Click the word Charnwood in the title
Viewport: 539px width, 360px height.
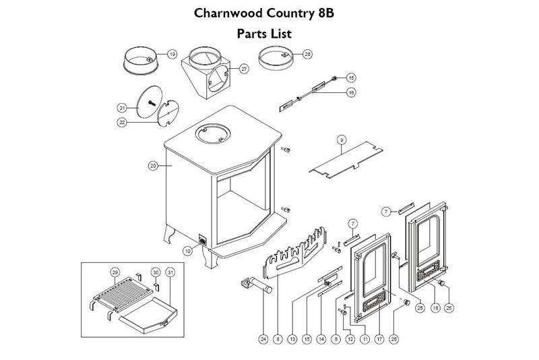[x=227, y=13]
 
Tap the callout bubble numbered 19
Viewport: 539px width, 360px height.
[x=171, y=54]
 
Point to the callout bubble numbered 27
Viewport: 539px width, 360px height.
[x=244, y=68]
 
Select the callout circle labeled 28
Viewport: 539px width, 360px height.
[x=307, y=54]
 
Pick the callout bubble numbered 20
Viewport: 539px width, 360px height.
[x=152, y=165]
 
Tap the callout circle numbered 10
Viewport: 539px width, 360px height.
[x=187, y=250]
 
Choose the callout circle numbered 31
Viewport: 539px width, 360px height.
[x=170, y=272]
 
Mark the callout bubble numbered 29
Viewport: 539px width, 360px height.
[x=115, y=272]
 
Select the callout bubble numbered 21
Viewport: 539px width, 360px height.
[x=122, y=107]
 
